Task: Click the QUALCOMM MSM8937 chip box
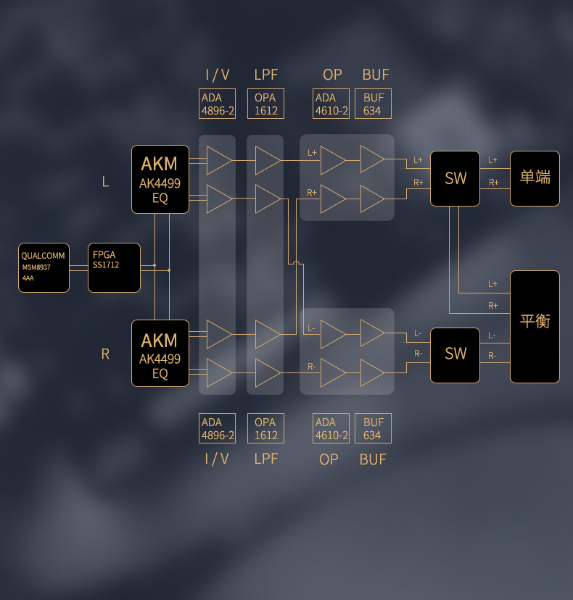pos(44,267)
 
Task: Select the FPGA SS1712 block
pos(114,267)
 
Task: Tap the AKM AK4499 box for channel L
pos(160,179)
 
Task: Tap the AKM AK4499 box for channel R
pos(160,353)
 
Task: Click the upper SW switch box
pos(455,178)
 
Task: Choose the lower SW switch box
pos(455,354)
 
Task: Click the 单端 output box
pos(535,178)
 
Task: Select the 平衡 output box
pos(535,326)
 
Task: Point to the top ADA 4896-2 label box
pos(218,104)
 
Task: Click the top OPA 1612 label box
pos(265,104)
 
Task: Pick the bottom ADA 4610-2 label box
pos(331,428)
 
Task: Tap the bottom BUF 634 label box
pos(373,428)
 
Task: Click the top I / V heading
pos(218,75)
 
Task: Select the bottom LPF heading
pos(265,459)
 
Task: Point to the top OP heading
pos(332,75)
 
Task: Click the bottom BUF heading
pos(373,459)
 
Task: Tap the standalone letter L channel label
pos(105,182)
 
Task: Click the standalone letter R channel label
pos(105,354)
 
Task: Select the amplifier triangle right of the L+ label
pos(333,160)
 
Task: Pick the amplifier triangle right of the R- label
pos(333,372)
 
